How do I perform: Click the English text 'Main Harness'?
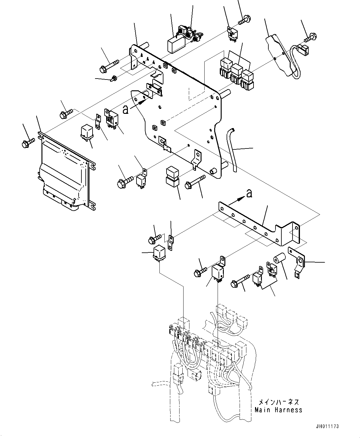point(278,410)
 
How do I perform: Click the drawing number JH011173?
point(327,426)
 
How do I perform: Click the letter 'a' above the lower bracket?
point(249,194)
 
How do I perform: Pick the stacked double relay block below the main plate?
point(172,177)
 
